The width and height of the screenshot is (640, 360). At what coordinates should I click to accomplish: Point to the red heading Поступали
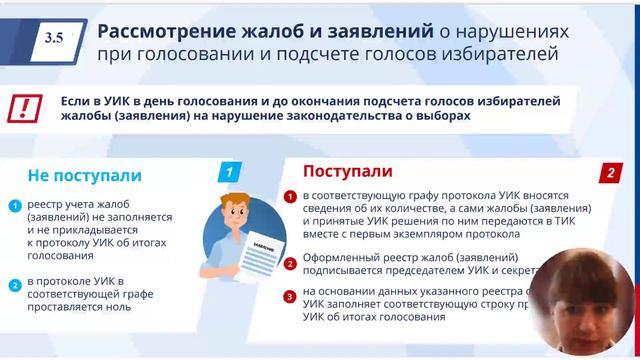point(348,171)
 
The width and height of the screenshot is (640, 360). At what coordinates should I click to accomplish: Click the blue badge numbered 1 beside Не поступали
point(230,173)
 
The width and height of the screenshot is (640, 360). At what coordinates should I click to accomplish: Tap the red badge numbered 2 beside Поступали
point(609,172)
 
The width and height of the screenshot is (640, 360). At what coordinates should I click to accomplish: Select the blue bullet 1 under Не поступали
point(15,207)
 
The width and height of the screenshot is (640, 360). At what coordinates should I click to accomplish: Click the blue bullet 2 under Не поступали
point(15,285)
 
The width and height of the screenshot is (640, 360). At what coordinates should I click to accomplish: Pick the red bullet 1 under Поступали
point(290,195)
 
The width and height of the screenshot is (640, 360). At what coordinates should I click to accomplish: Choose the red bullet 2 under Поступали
point(290,264)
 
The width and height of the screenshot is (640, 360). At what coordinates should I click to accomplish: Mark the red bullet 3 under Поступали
point(290,296)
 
